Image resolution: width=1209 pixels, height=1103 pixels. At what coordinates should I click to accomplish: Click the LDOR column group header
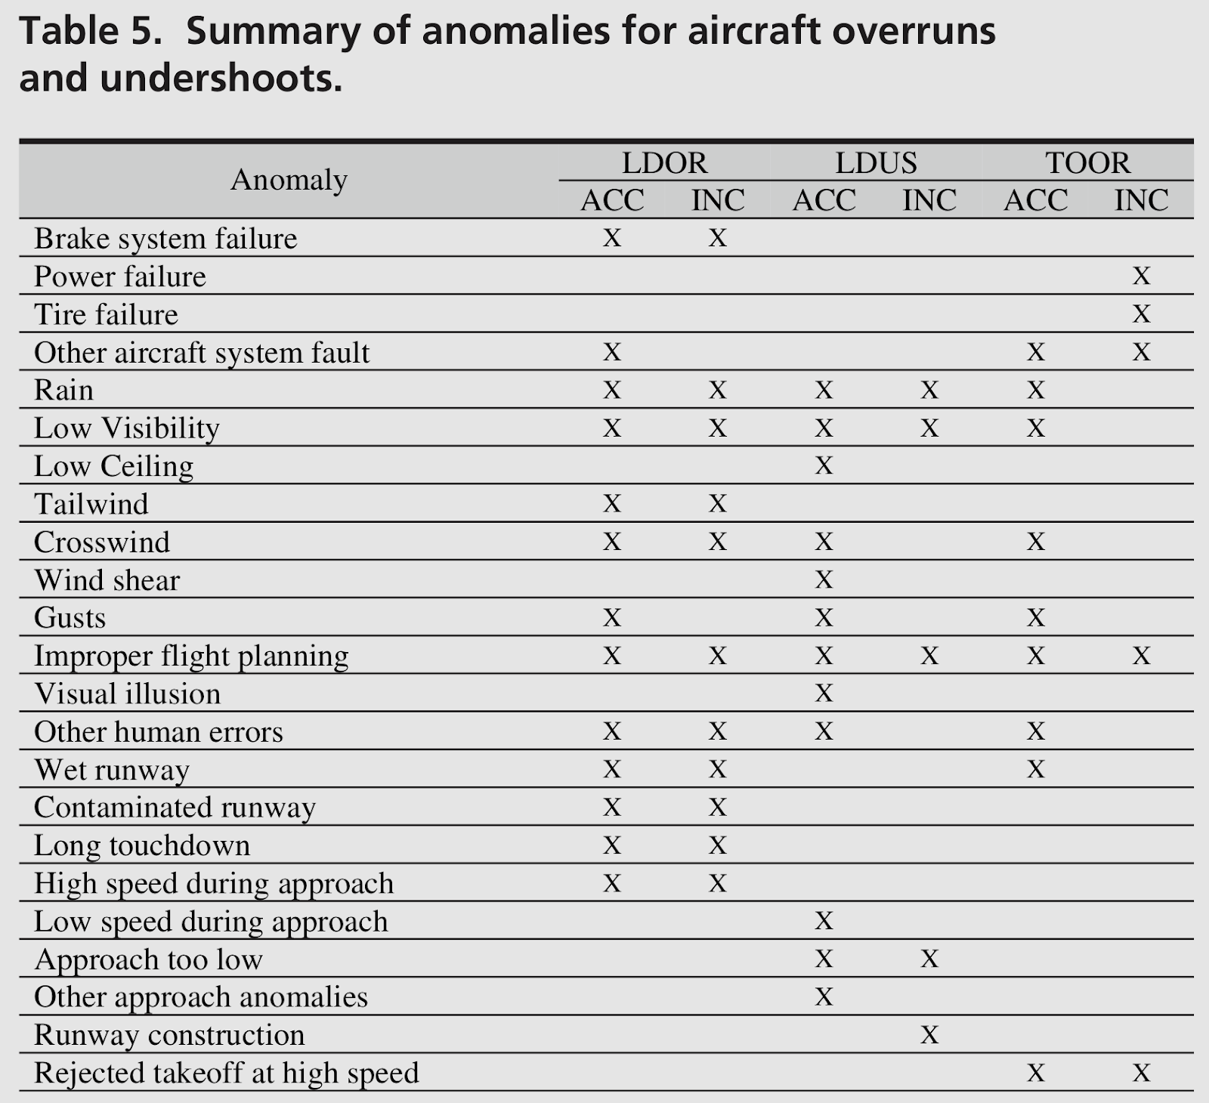[x=664, y=162]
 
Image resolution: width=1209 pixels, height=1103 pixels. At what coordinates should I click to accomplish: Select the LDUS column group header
[x=876, y=162]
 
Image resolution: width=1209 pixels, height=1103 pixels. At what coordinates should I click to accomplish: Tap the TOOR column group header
[x=1087, y=162]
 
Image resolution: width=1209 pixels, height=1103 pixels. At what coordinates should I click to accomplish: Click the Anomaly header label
[x=289, y=180]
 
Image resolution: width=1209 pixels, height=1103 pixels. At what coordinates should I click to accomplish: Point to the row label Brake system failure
[x=165, y=239]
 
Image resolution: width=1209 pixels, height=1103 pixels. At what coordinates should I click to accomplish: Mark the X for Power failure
[x=1141, y=276]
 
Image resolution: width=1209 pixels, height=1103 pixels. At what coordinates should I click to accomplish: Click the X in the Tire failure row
[x=1141, y=314]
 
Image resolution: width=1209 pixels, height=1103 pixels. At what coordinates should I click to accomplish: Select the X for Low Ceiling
[x=824, y=465]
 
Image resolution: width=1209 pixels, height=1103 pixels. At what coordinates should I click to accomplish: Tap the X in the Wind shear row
[x=824, y=579]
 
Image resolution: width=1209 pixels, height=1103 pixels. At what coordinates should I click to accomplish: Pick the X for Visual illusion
[x=824, y=693]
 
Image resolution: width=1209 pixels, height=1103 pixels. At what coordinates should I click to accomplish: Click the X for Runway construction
[x=929, y=1034]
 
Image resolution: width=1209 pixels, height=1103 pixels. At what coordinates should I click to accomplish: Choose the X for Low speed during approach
[x=824, y=920]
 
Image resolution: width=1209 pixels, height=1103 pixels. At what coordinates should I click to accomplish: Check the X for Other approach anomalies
[x=824, y=996]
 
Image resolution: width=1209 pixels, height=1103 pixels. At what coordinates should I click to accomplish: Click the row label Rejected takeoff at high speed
[x=226, y=1073]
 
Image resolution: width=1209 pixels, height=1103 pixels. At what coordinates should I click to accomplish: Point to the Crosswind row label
[x=102, y=542]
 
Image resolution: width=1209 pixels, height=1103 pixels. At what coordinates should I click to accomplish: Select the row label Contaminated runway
[x=175, y=808]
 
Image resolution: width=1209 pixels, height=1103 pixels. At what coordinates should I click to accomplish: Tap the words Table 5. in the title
[x=90, y=32]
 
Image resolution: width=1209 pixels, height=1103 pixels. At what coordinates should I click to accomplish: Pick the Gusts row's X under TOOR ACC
[x=1035, y=617]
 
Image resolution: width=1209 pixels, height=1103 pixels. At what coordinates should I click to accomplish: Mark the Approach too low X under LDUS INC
[x=929, y=959]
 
